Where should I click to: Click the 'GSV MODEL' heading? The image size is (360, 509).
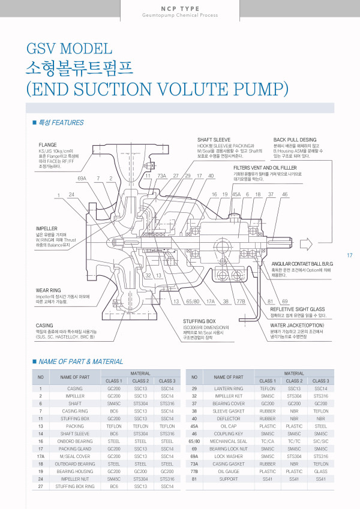point(69,49)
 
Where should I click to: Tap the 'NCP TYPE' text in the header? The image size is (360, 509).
point(179,8)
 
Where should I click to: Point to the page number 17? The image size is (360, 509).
point(350,256)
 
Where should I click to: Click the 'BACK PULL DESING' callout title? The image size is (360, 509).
point(295,140)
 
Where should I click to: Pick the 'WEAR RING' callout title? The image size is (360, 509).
point(49,290)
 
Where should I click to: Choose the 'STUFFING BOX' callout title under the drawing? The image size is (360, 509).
point(199,321)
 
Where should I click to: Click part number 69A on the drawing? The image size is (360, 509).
point(82,179)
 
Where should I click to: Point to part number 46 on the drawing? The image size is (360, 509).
point(284,195)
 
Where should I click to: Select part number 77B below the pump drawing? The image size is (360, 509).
point(241,301)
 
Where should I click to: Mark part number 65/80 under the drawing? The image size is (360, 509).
point(193,301)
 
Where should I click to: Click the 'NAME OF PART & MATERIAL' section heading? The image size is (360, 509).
point(80,362)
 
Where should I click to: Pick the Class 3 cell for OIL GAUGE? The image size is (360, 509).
point(320,472)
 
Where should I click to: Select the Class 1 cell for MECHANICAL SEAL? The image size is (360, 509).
point(267,441)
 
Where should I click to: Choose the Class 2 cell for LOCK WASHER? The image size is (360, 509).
point(294,456)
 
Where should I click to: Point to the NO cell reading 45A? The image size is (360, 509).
point(194,426)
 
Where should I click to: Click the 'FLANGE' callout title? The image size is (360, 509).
point(48,145)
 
